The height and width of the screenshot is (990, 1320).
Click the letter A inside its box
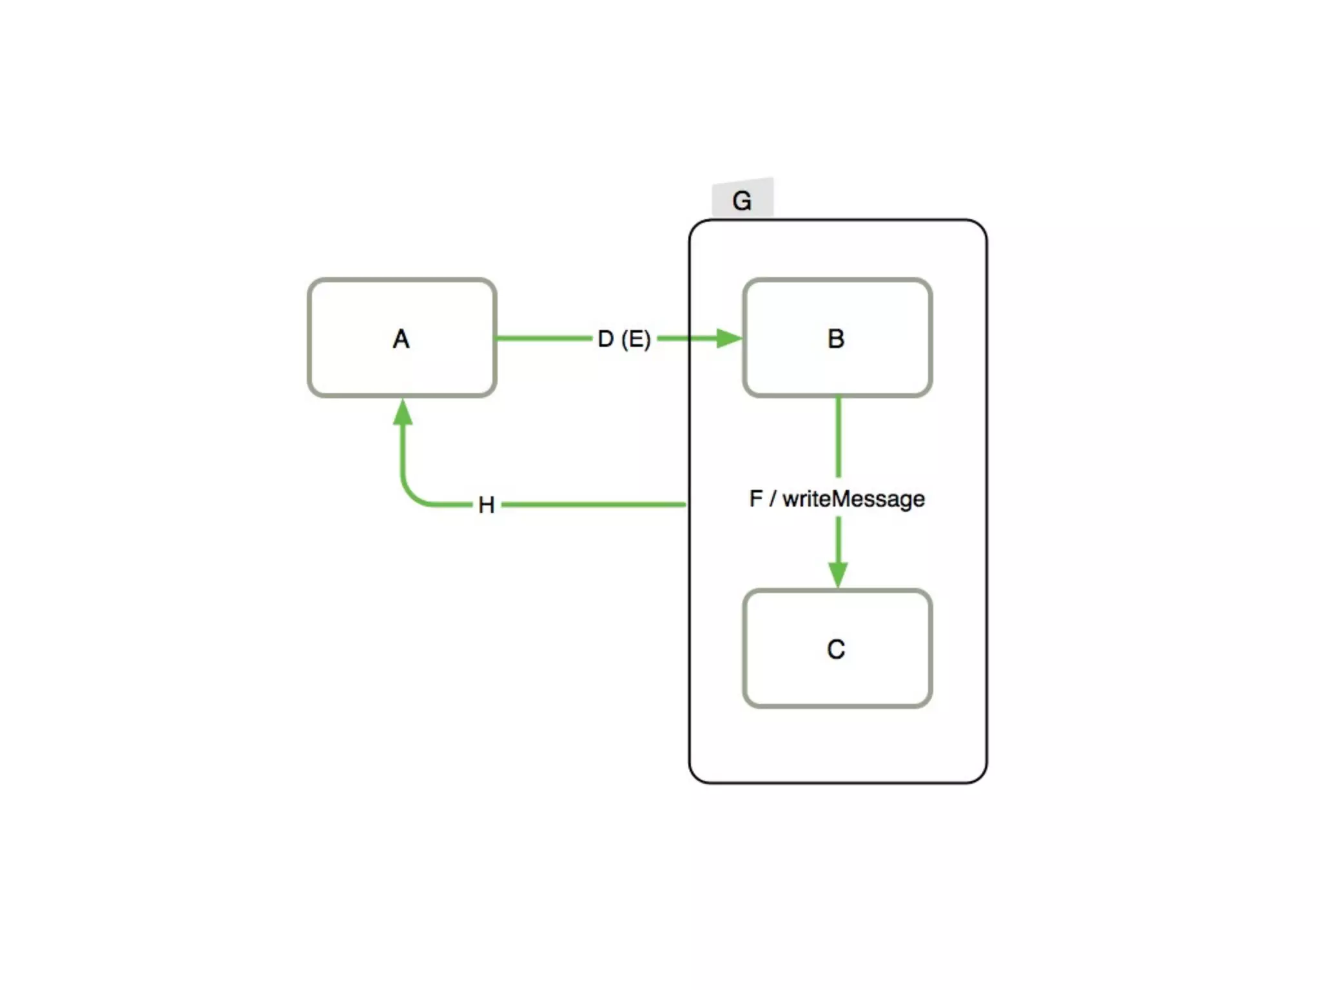401,339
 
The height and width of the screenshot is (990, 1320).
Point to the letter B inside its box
836,339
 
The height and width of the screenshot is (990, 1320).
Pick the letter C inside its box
836,649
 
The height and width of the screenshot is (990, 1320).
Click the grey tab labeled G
742,200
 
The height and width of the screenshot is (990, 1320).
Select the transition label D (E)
624,339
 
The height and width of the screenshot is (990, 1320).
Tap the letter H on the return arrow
487,505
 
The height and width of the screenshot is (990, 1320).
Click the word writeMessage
853,499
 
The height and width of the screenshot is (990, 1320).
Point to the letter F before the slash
756,499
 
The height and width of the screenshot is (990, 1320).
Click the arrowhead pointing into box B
728,338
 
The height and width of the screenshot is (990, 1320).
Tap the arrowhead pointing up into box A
403,412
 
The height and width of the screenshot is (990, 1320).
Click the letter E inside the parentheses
636,339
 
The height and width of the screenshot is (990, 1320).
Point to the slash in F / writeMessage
773,499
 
